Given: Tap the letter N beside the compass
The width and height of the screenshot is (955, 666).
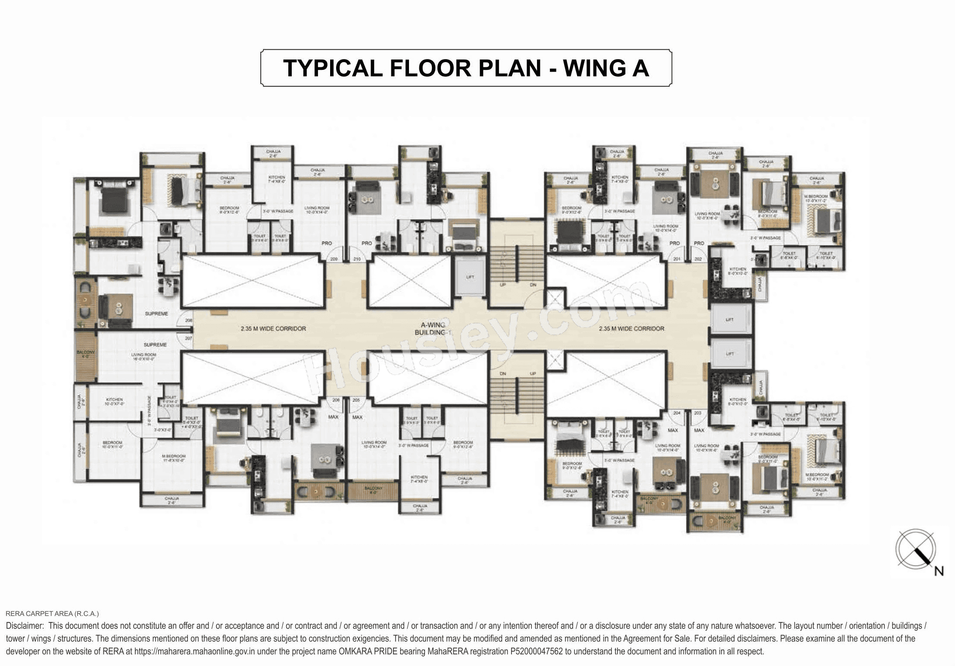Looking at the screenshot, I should tap(939, 571).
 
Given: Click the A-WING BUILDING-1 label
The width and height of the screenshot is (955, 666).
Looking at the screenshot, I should tap(433, 329).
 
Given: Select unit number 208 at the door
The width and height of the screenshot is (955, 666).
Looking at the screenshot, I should tap(189, 320).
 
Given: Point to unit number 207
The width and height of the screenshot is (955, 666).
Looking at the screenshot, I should tap(188, 338).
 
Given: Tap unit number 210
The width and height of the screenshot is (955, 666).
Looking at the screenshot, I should tap(357, 259).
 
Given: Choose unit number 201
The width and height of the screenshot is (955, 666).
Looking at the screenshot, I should tap(677, 259).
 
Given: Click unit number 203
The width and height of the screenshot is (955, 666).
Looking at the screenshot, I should tap(698, 413).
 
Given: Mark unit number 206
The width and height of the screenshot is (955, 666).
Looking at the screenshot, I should tap(336, 400).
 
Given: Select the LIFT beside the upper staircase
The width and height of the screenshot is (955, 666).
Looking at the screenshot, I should tap(470, 277).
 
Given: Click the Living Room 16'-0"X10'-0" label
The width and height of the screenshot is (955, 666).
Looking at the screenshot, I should tap(144, 356).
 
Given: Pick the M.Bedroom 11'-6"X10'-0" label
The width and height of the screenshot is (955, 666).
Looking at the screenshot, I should tap(174, 458).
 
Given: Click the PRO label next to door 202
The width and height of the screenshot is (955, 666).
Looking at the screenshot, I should tap(699, 243).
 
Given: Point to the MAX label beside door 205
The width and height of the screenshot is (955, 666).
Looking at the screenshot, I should tap(357, 417).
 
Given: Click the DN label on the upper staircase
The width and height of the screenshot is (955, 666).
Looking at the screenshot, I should tap(533, 285).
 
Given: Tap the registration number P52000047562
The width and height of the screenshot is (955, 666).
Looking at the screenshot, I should tap(537, 651).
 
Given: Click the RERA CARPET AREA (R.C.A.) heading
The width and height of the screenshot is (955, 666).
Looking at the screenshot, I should tap(52, 613).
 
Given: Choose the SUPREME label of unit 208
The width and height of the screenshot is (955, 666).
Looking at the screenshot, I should tap(156, 314).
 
